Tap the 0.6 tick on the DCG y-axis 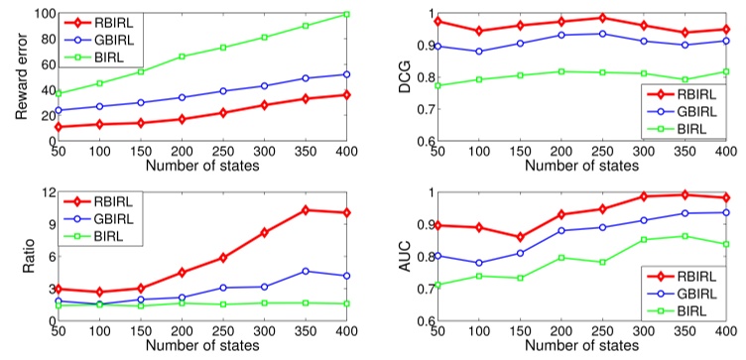tap(422, 141)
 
